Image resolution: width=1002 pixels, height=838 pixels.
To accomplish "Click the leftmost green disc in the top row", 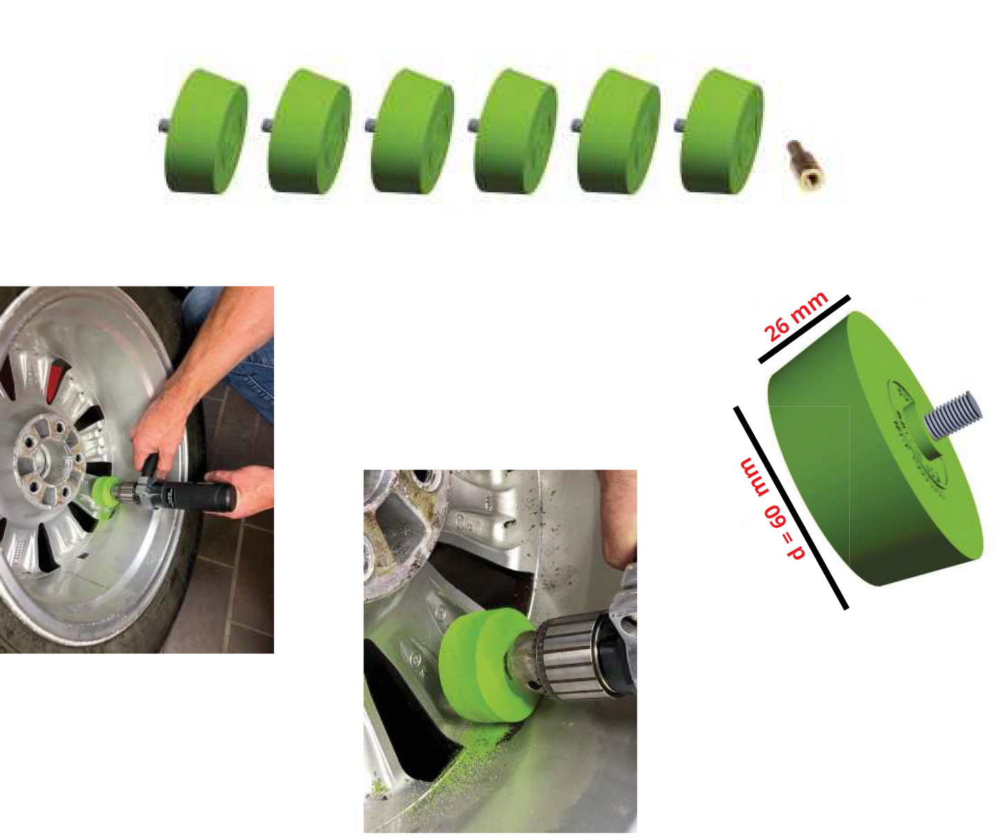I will tap(205, 132).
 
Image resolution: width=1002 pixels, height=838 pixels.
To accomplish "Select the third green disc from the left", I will tap(412, 132).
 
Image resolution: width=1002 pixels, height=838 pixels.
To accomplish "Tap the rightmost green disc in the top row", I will tap(722, 132).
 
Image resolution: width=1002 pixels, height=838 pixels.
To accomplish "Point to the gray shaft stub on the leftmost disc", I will tap(162, 125).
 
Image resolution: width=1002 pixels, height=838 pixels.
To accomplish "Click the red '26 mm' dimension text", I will tap(795, 316).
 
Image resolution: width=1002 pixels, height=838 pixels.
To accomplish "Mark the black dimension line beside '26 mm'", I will tap(804, 329).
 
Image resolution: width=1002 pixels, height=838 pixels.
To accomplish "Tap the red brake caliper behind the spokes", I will tap(57, 379).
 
